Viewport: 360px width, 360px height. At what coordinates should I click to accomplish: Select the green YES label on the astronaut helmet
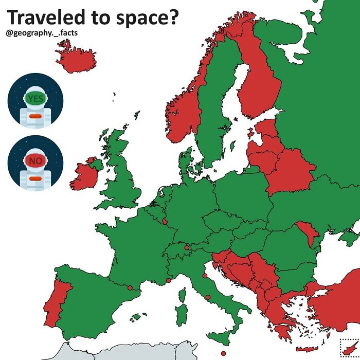(x=35, y=99)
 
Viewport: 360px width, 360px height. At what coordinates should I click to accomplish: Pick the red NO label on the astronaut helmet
(x=35, y=161)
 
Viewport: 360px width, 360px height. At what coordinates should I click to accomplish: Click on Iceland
(x=76, y=57)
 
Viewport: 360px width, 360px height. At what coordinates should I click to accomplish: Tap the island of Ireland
(x=84, y=175)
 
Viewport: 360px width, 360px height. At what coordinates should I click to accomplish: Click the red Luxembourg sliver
(x=165, y=221)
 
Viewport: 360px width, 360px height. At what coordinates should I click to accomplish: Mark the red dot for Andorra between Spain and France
(x=130, y=287)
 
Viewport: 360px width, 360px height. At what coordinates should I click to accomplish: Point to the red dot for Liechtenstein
(x=186, y=247)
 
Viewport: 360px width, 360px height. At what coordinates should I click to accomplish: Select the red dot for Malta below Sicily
(x=223, y=353)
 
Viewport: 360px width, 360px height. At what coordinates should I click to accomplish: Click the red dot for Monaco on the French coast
(x=168, y=281)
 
